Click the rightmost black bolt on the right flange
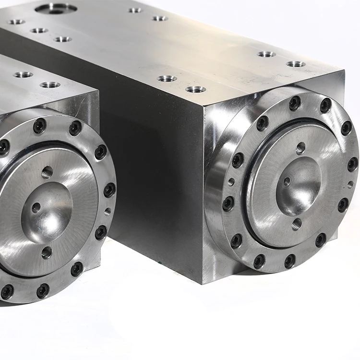pyautogui.click(x=353, y=164)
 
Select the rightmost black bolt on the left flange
pyautogui.click(x=110, y=190)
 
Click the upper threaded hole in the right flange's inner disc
pyautogui.click(x=300, y=148)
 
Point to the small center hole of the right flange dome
pyautogui.click(x=287, y=181)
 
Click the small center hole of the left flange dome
pyautogui.click(x=36, y=208)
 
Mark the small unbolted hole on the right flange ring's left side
pyautogui.click(x=231, y=182)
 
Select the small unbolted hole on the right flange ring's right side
pyautogui.click(x=350, y=184)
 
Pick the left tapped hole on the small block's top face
pyautogui.click(x=23, y=75)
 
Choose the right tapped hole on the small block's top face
pyautogui.click(x=50, y=85)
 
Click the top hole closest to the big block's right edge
pyautogui.click(x=296, y=64)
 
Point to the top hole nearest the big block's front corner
pyautogui.click(x=195, y=89)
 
